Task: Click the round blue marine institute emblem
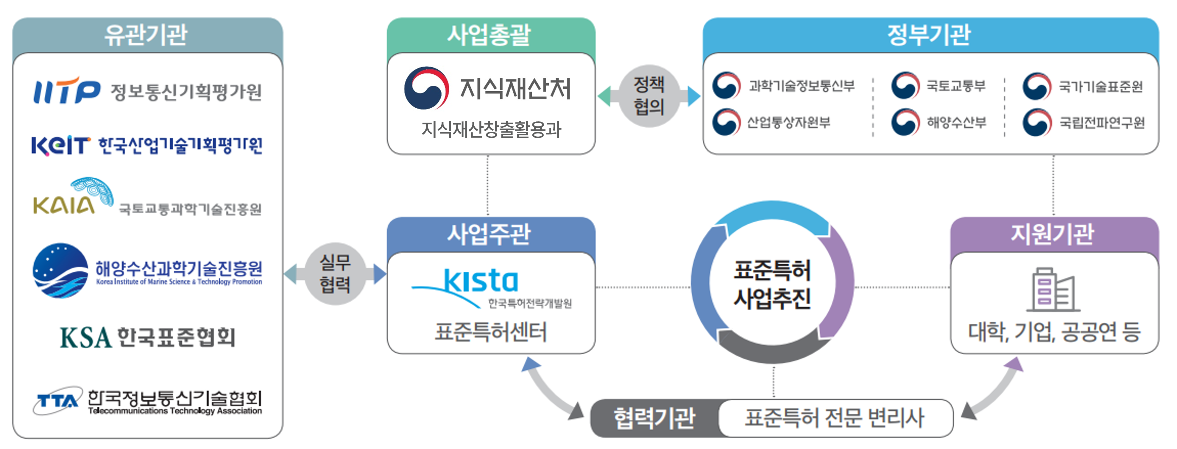[60, 270]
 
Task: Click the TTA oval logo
[57, 400]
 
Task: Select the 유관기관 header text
[146, 35]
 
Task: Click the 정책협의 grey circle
[649, 96]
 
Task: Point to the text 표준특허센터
[491, 331]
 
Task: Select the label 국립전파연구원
[1102, 122]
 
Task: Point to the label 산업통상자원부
[788, 122]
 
